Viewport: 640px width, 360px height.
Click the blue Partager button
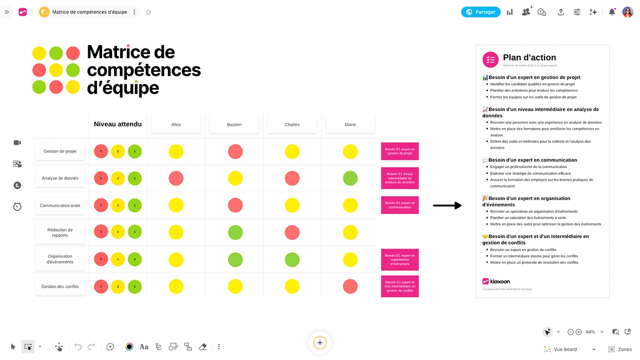[x=481, y=12]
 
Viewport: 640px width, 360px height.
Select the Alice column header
[x=176, y=124]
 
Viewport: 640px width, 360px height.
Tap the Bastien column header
[x=234, y=124]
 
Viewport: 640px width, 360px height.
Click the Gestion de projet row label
[x=60, y=151]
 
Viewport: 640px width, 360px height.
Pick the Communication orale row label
[x=60, y=205]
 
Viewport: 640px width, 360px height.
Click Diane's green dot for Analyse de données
[x=350, y=178]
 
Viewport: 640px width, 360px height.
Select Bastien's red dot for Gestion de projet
[x=235, y=152]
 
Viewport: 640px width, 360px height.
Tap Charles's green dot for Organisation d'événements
[x=292, y=259]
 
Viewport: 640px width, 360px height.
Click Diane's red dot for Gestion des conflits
[x=350, y=286]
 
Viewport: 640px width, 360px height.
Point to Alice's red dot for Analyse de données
[x=176, y=178]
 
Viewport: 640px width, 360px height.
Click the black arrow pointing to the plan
[x=447, y=206]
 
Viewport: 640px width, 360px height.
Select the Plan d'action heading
[x=530, y=58]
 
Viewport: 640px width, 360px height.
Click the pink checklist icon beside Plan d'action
[x=490, y=60]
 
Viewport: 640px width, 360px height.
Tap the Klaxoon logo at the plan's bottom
[x=496, y=281]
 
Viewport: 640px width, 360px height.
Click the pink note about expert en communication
[x=399, y=205]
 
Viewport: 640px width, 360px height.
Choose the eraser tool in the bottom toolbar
[x=202, y=347]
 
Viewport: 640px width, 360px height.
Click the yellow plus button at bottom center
[x=320, y=342]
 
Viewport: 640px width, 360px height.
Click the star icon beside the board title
[x=148, y=12]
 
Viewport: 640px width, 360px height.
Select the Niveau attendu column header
[x=118, y=124]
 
